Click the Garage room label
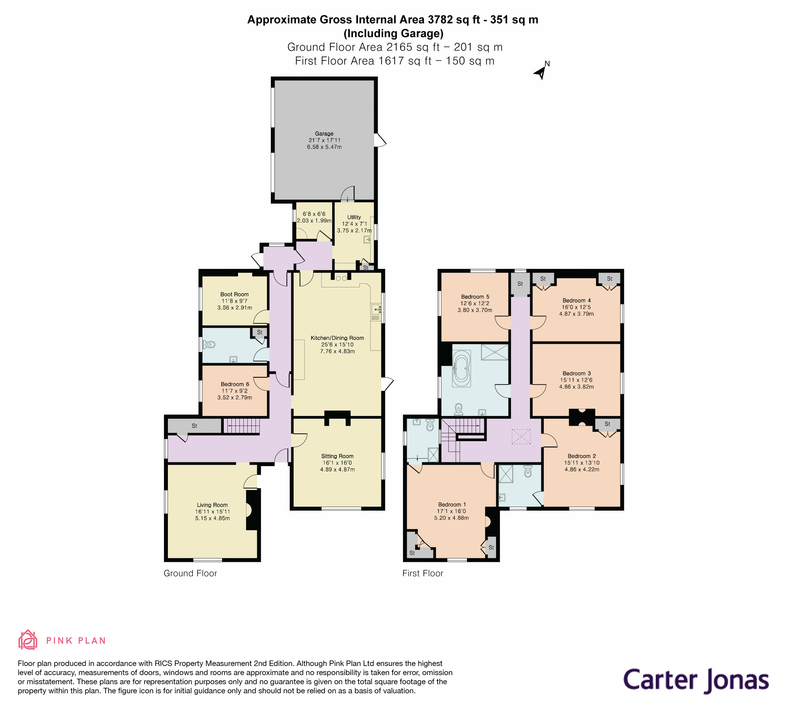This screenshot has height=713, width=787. coord(324,133)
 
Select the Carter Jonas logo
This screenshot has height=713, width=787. coord(696,680)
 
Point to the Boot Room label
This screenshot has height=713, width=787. coord(234,295)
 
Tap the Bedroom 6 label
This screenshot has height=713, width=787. coord(235,384)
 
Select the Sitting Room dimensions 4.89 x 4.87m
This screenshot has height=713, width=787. coord(337,469)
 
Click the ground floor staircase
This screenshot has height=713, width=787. coord(242,426)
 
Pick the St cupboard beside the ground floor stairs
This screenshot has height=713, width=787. coord(194,426)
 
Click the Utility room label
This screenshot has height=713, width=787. coord(354,217)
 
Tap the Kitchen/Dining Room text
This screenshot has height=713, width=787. coord(337,338)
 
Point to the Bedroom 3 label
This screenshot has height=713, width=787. coord(577,373)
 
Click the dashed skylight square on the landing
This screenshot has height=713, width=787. coord(521,437)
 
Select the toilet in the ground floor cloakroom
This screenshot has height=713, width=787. coord(209,344)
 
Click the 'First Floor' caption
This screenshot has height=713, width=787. coord(423,573)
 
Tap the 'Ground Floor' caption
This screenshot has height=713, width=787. coord(190,573)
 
